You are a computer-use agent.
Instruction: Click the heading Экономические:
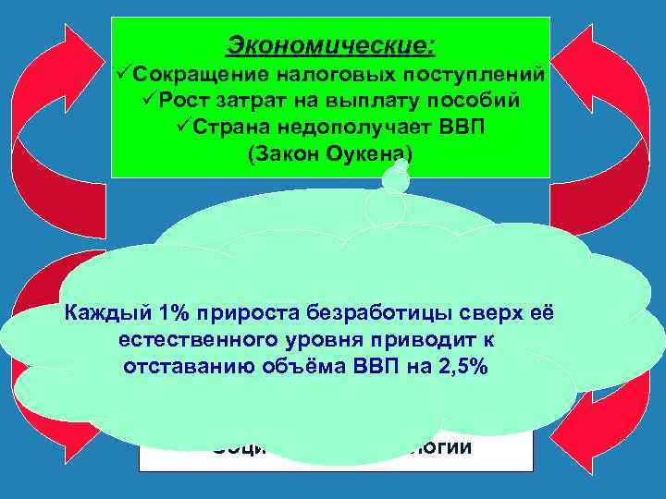coord(330,44)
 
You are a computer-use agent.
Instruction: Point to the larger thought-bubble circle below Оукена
coord(385,209)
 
